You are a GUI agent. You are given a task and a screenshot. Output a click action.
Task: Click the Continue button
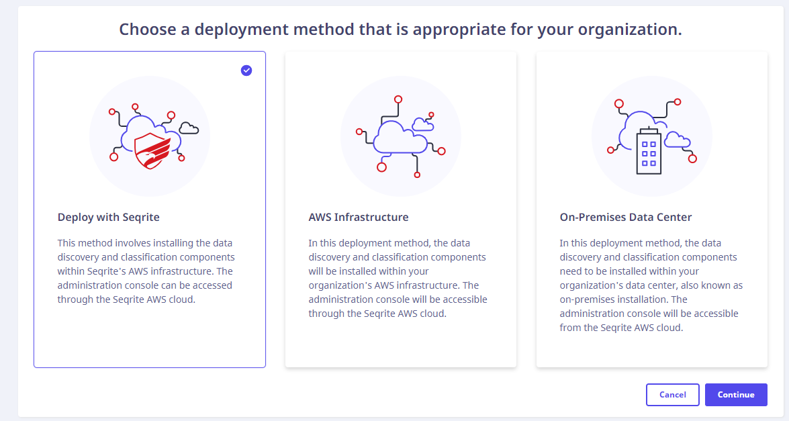[x=736, y=395]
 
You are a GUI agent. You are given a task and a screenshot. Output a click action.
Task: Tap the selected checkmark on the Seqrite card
[x=246, y=71]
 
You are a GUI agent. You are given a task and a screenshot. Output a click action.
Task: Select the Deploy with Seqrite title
[x=109, y=217]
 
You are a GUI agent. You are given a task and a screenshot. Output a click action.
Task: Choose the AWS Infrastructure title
[x=359, y=217]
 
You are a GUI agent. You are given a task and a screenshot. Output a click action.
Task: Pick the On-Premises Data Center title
[x=626, y=217]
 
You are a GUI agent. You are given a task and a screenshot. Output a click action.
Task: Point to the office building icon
[x=649, y=151]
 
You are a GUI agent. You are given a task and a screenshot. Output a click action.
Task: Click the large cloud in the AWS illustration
[x=400, y=136]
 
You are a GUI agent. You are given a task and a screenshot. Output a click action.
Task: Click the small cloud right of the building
[x=677, y=140]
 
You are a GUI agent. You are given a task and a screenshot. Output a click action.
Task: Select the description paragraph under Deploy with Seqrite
[x=146, y=271]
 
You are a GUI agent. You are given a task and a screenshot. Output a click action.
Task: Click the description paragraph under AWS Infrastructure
[x=398, y=278]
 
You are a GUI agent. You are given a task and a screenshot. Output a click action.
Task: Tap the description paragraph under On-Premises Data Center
[x=651, y=285]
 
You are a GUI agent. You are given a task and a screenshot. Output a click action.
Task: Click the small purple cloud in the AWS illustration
[x=422, y=124]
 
